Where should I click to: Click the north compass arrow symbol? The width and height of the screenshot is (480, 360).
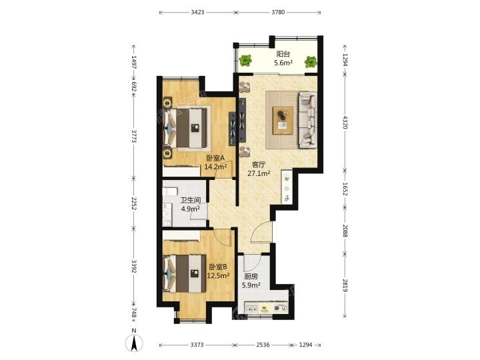click(x=134, y=343)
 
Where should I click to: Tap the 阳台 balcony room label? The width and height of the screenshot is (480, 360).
click(x=283, y=54)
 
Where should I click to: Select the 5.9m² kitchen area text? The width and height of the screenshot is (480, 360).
click(x=251, y=285)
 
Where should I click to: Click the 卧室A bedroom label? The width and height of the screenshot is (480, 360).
click(x=215, y=158)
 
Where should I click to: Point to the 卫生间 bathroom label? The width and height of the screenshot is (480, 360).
click(x=191, y=200)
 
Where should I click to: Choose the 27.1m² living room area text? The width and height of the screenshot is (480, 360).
click(x=259, y=173)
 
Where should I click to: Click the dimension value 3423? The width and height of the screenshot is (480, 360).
click(x=197, y=12)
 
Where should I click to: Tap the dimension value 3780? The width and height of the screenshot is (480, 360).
click(x=278, y=12)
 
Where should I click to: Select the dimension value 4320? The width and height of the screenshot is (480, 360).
click(x=345, y=122)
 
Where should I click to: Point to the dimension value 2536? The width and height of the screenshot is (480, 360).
click(x=263, y=345)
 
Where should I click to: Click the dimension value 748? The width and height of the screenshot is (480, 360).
click(x=134, y=313)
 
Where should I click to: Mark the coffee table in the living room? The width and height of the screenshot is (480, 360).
click(x=283, y=120)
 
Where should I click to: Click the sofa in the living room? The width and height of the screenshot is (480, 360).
click(x=307, y=120)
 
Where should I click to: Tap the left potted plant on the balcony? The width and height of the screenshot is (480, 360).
click(x=245, y=61)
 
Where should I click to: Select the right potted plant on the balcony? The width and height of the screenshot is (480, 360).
click(x=311, y=62)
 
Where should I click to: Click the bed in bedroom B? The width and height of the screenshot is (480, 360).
click(x=185, y=273)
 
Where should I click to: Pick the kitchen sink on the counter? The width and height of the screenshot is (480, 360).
click(x=251, y=307)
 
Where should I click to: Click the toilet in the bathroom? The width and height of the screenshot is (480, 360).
click(x=170, y=192)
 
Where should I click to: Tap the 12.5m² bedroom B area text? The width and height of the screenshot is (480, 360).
click(x=218, y=275)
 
